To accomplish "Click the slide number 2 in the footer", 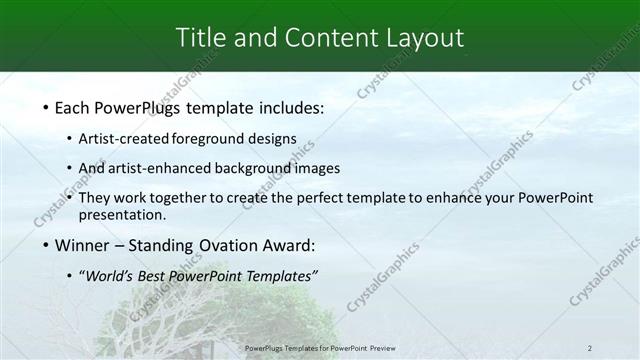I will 591,348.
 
